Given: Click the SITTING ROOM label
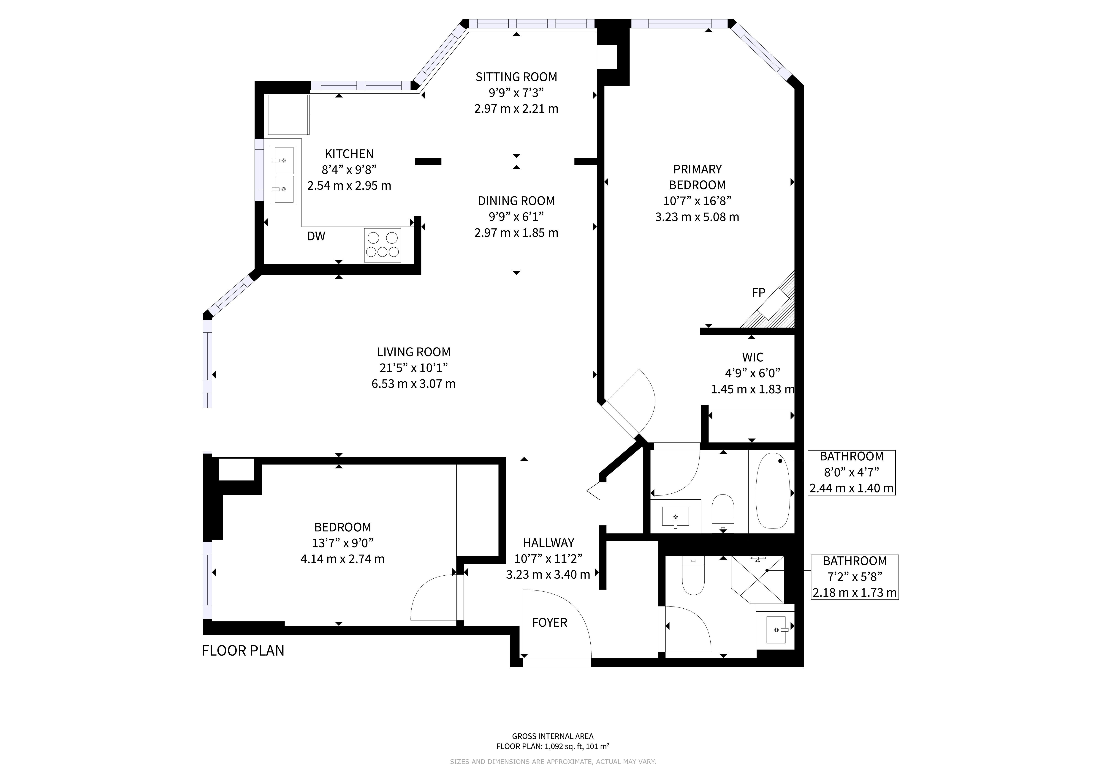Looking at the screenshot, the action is [516, 77].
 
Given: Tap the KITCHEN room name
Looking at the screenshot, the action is [349, 154].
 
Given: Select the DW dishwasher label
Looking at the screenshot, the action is [316, 236].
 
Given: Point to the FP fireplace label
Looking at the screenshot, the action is [758, 293].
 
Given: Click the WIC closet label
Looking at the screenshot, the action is [753, 357].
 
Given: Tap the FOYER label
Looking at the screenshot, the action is [550, 623].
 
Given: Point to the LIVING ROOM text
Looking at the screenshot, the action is [413, 352].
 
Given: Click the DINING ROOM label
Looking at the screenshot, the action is [516, 201].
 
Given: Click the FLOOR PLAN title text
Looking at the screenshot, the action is [243, 651].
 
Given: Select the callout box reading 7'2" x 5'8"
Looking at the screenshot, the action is [855, 577].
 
